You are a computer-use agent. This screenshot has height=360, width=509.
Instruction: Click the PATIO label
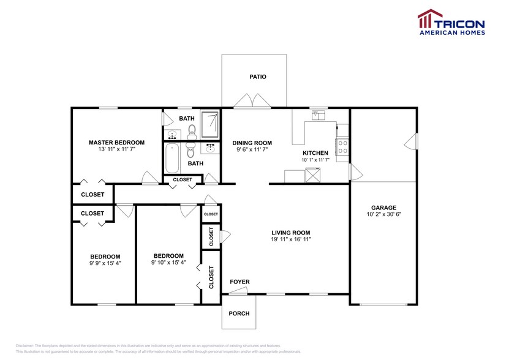tap(257, 77)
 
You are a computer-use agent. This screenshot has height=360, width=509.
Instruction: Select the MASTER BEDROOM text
tap(116, 142)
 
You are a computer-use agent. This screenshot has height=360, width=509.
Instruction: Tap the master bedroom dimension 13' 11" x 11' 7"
tap(116, 149)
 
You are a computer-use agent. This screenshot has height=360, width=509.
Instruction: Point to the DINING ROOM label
tap(252, 143)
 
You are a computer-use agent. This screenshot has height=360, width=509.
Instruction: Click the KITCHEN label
tap(315, 152)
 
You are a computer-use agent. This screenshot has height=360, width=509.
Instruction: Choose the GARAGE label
tap(383, 208)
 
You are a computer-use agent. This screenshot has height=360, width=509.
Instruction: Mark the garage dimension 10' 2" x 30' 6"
tap(383, 214)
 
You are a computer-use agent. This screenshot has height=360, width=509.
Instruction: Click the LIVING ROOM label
tap(291, 233)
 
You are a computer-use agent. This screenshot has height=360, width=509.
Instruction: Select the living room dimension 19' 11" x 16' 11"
tap(291, 239)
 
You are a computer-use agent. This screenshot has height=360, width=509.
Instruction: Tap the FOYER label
tap(239, 282)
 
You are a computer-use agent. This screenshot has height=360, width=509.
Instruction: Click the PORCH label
tap(239, 313)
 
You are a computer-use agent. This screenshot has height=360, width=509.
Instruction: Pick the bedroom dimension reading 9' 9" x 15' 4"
tap(105, 263)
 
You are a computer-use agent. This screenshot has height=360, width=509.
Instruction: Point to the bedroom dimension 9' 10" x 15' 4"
tap(168, 263)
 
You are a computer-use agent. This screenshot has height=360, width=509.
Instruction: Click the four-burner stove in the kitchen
tap(342, 147)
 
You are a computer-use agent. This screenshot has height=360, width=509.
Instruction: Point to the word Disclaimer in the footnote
tap(25, 346)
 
